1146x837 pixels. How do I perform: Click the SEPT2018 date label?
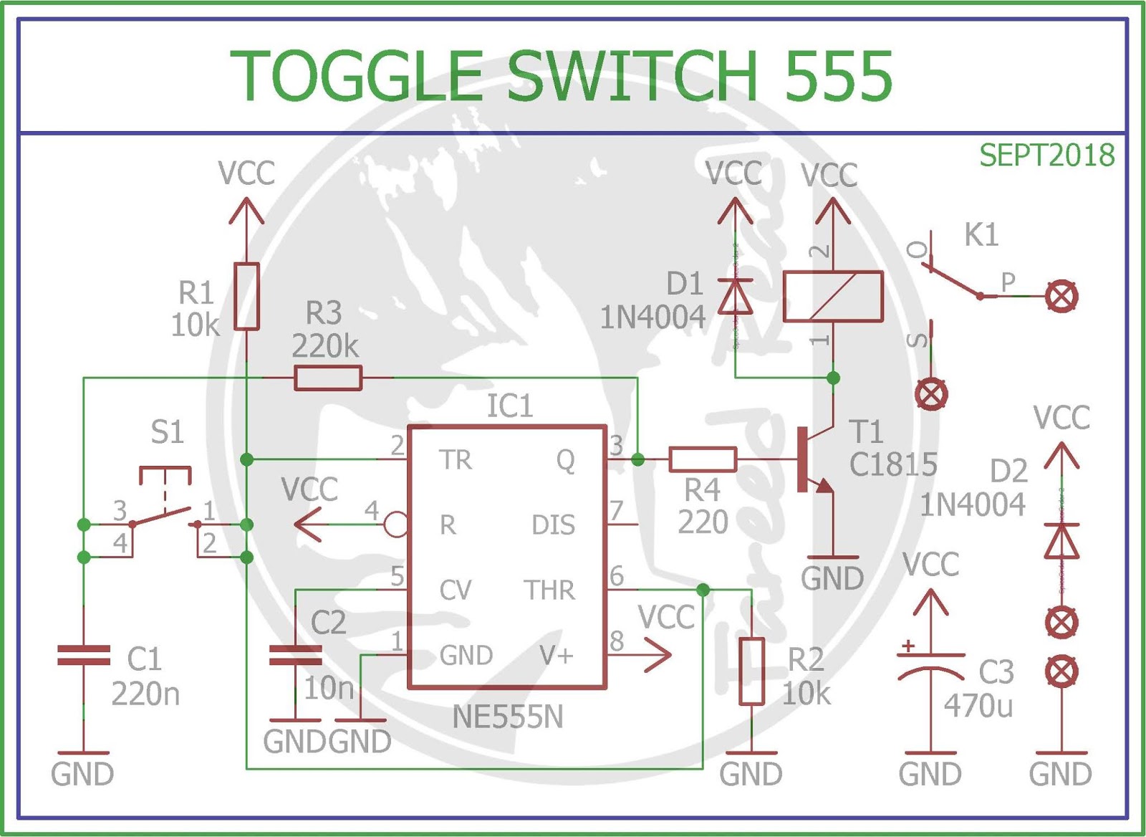pyautogui.click(x=1046, y=155)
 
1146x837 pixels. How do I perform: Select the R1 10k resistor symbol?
pyautogui.click(x=246, y=297)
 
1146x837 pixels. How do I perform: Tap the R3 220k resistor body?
pyautogui.click(x=328, y=378)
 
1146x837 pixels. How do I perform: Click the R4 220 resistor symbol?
pyautogui.click(x=703, y=459)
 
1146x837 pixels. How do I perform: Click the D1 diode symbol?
pyautogui.click(x=736, y=297)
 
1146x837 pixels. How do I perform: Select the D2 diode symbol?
pyautogui.click(x=1061, y=540)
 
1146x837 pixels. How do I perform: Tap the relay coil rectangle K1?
pyautogui.click(x=833, y=297)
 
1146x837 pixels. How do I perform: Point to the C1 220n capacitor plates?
pyautogui.click(x=84, y=655)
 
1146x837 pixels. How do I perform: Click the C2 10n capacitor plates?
pyautogui.click(x=295, y=655)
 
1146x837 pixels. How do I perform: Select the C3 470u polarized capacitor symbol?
pyautogui.click(x=930, y=664)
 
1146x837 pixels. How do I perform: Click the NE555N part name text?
pyautogui.click(x=508, y=717)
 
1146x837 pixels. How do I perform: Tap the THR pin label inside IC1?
pyautogui.click(x=549, y=590)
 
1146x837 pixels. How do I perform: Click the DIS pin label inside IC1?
pyautogui.click(x=553, y=525)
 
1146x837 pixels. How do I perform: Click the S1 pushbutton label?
pyautogui.click(x=167, y=432)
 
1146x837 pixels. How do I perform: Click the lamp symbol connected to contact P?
pyautogui.click(x=1061, y=297)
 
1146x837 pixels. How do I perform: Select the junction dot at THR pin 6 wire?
pyautogui.click(x=703, y=590)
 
